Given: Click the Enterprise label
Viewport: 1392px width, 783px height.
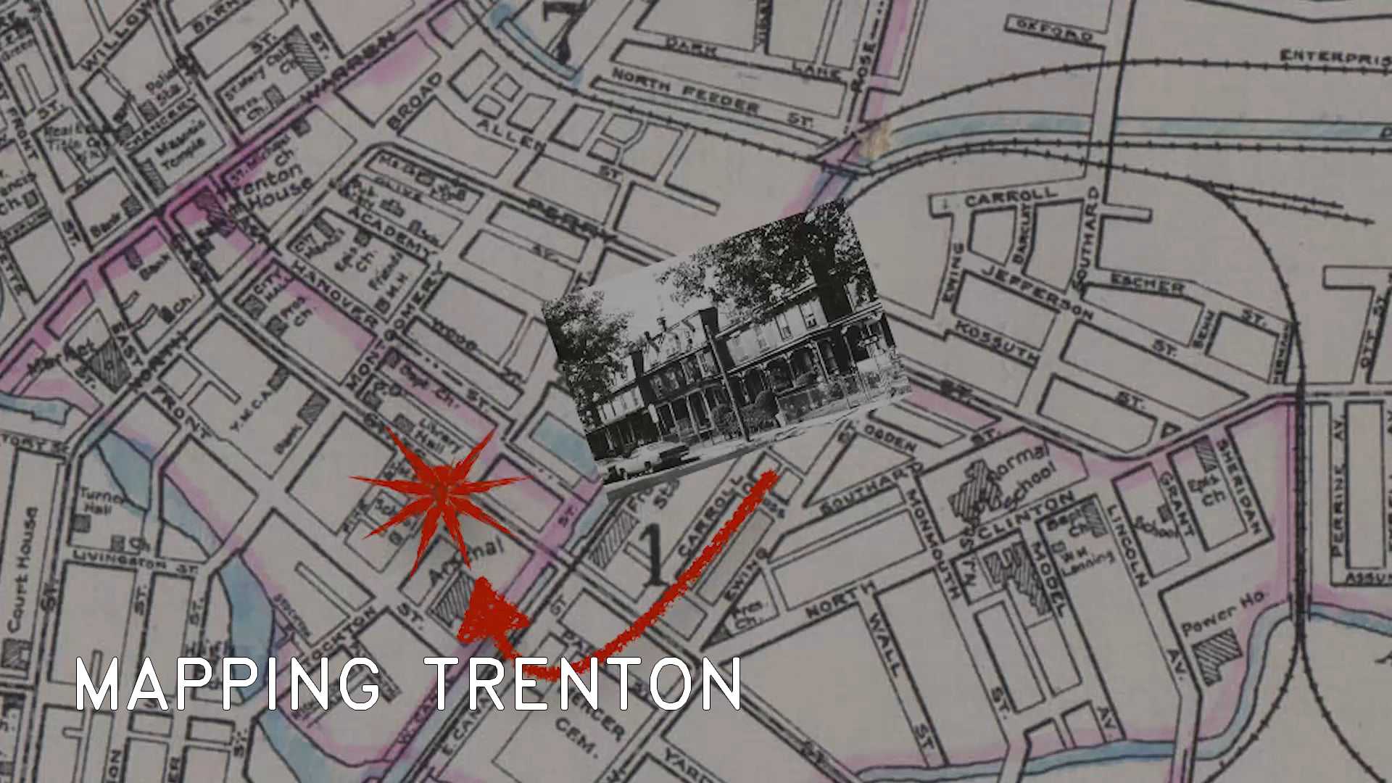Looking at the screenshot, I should [x=1334, y=58].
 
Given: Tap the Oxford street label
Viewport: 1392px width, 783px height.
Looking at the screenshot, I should [x=1048, y=30].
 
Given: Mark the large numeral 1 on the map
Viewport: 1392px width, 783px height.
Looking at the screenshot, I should [x=655, y=555].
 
